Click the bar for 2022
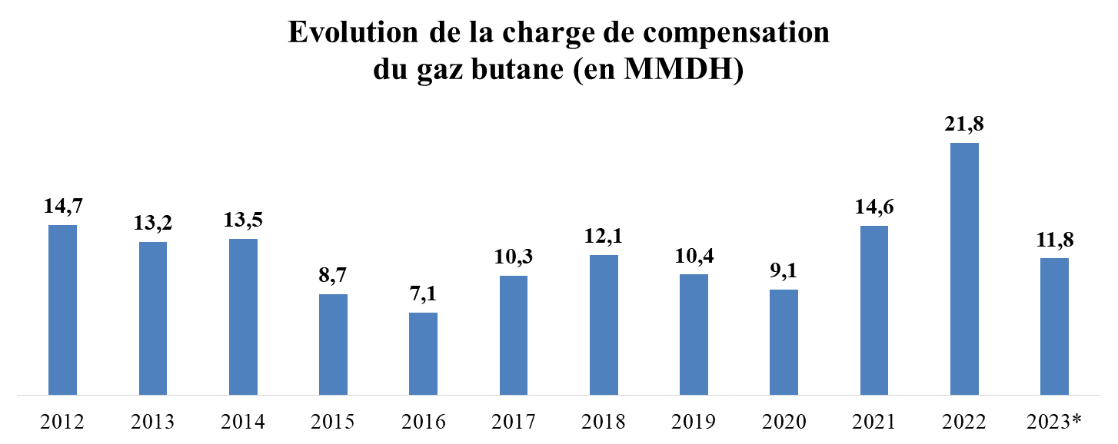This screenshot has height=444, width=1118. (x=964, y=269)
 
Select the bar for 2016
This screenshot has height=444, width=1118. (x=423, y=353)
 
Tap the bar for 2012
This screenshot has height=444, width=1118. (x=62, y=310)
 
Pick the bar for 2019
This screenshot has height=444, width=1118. (x=694, y=334)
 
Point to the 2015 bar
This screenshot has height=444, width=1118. (x=333, y=344)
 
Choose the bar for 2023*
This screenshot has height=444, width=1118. (x=1054, y=326)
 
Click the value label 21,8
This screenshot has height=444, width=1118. (x=964, y=124)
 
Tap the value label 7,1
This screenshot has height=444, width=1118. (x=423, y=293)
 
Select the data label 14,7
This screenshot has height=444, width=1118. (x=62, y=206)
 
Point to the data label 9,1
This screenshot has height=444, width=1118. (x=784, y=270)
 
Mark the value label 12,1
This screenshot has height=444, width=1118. (x=604, y=236)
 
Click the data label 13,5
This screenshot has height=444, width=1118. (x=243, y=220)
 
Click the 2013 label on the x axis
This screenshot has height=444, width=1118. (x=152, y=422)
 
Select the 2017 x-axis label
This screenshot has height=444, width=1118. (x=513, y=422)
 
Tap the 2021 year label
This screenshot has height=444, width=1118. (x=873, y=422)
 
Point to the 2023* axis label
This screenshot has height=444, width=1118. (x=1054, y=422)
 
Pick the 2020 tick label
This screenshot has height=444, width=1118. (x=784, y=422)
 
